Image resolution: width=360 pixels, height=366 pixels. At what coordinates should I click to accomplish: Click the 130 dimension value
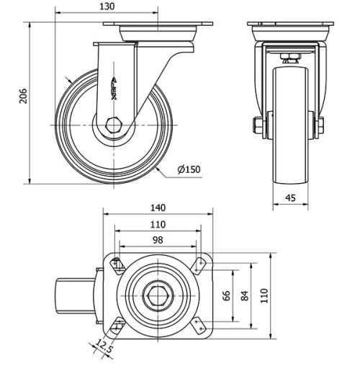[x=106, y=6]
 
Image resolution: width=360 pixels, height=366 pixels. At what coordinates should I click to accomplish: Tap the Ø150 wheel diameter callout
[x=189, y=169]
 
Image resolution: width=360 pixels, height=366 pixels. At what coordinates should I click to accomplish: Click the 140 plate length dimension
[x=158, y=207]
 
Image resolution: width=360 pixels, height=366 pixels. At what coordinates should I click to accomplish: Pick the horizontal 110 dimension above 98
[x=158, y=224]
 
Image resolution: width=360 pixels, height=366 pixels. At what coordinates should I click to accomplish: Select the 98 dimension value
[x=158, y=239]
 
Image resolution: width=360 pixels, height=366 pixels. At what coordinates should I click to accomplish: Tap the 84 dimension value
[x=245, y=295]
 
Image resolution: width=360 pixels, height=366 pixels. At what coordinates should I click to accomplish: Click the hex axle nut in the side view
[x=112, y=125]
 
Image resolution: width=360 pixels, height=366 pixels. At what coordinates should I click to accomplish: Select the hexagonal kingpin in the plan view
[x=158, y=295]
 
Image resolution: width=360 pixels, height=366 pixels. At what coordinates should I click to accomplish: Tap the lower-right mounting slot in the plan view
[x=201, y=326]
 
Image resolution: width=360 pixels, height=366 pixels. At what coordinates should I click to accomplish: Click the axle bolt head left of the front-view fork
[x=258, y=126]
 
